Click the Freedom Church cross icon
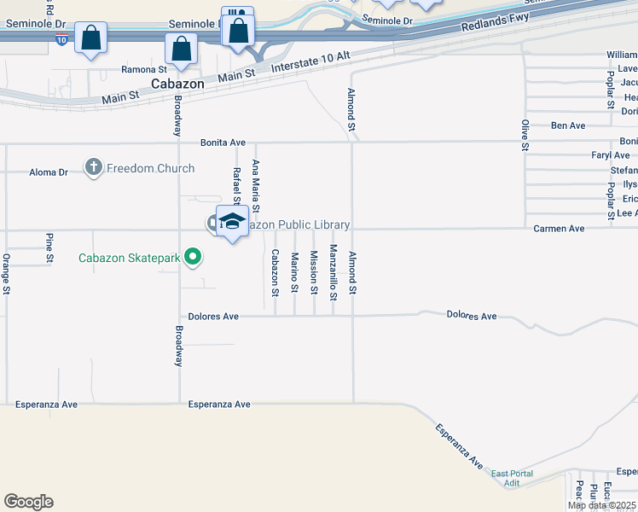pos(94,168)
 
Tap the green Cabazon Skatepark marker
pos(194,256)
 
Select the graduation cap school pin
pos(232,222)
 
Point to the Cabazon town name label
pos(177,84)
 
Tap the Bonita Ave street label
pos(223,143)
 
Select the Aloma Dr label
pos(49,172)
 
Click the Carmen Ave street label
pos(559,229)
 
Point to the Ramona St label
pos(143,69)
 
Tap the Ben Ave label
pos(568,125)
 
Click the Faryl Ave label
pos(611,155)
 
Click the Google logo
pos(28,502)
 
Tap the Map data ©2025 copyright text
pos(601,505)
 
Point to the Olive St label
pos(525,137)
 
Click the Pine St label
pos(49,247)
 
